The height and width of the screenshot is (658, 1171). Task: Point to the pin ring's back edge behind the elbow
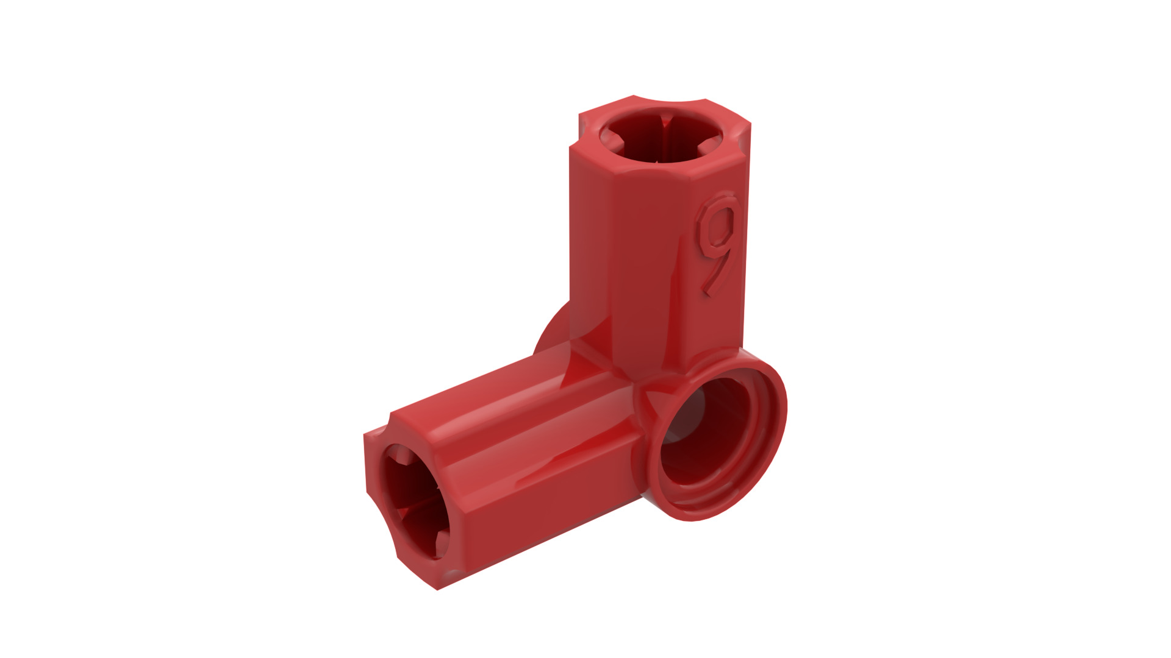tap(549, 335)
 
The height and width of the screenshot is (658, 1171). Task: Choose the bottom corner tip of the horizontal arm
tap(436, 588)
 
